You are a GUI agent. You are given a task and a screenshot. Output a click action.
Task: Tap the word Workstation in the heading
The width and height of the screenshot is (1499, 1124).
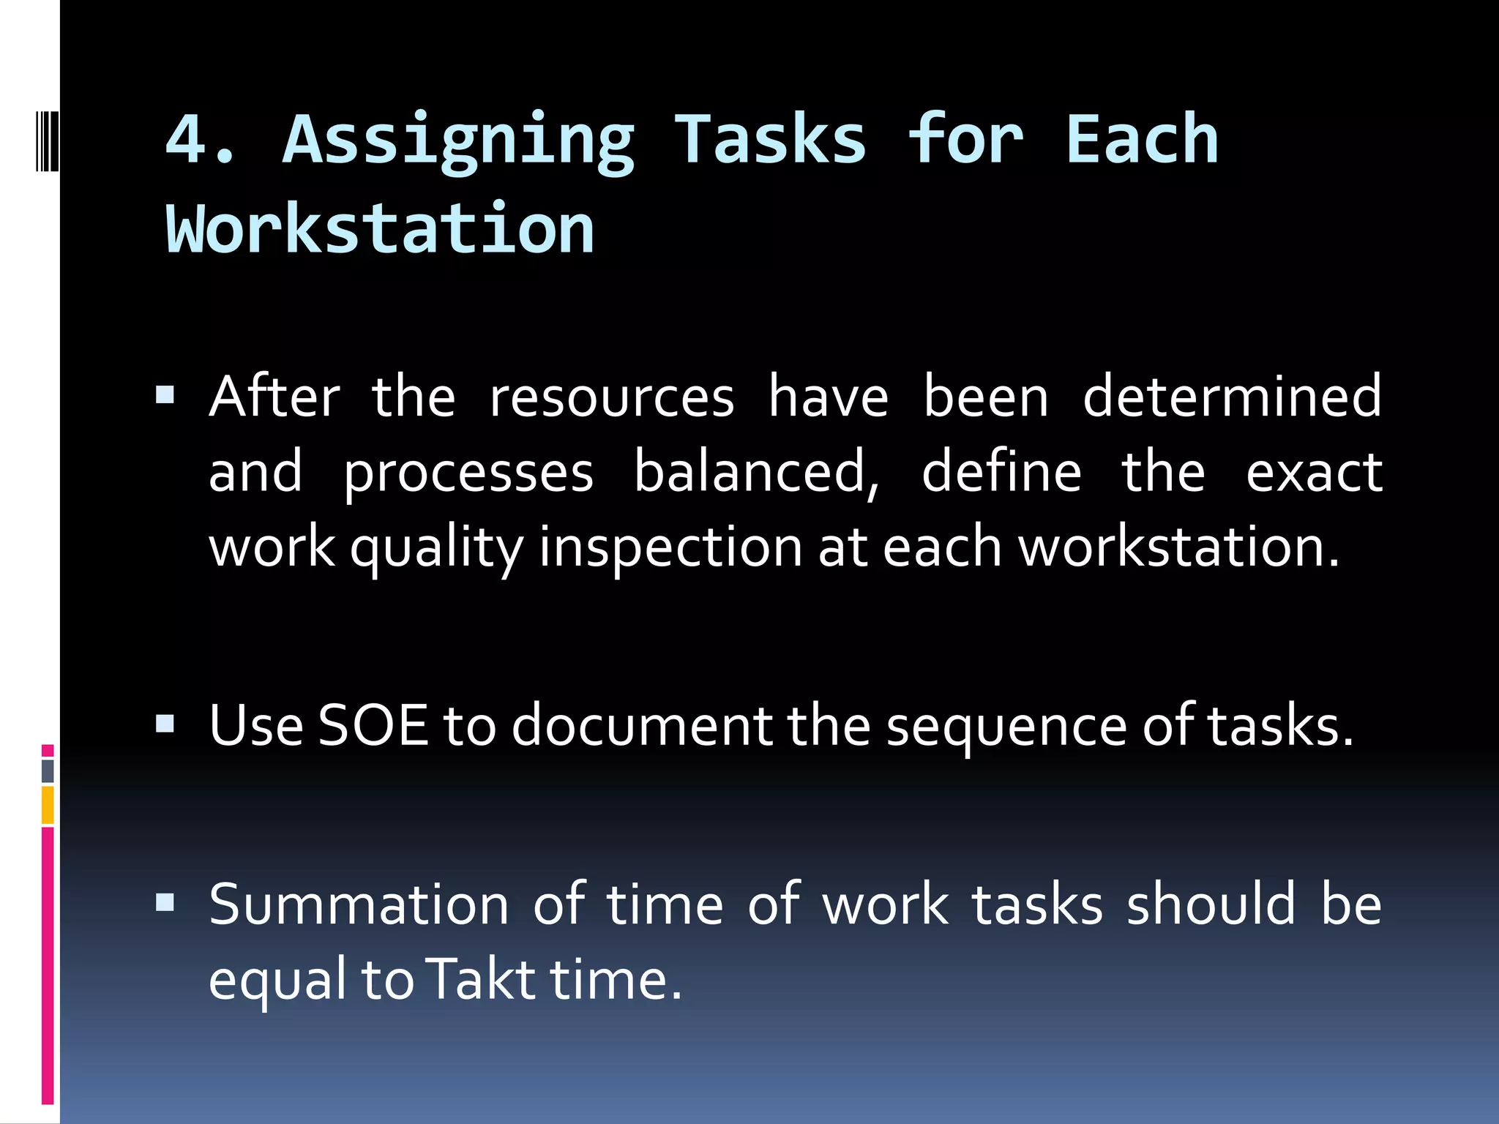[x=381, y=230]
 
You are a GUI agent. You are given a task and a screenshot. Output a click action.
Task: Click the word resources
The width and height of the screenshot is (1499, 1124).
[x=611, y=397]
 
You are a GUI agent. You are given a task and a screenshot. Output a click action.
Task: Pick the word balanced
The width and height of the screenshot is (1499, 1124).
[x=756, y=472]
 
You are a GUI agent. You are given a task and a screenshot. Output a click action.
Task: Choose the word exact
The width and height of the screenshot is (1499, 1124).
[x=1314, y=473]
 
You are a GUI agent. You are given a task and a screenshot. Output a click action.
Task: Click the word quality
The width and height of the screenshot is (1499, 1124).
[x=437, y=549]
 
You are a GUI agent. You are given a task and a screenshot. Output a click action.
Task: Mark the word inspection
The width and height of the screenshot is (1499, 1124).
[x=670, y=549]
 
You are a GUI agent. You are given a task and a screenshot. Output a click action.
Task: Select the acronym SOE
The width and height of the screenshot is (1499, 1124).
[x=373, y=725]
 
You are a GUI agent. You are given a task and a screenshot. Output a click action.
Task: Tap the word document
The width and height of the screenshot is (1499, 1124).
[x=642, y=725]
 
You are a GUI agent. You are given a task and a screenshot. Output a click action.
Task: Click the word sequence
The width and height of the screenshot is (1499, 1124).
[x=1006, y=727]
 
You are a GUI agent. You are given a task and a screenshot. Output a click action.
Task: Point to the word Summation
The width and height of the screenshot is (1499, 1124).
[x=359, y=904]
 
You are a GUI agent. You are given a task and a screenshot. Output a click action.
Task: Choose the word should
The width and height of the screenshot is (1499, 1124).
[x=1211, y=904]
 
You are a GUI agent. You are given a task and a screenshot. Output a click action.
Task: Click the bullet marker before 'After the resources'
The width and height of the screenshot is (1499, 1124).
[x=165, y=396]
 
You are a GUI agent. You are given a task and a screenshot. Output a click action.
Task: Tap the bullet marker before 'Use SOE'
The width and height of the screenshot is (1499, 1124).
[x=165, y=724]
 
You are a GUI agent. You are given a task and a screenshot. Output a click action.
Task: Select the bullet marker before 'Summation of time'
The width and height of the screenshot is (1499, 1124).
[x=165, y=904]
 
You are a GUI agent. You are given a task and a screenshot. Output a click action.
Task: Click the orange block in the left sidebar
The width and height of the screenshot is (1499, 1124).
[x=48, y=805]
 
